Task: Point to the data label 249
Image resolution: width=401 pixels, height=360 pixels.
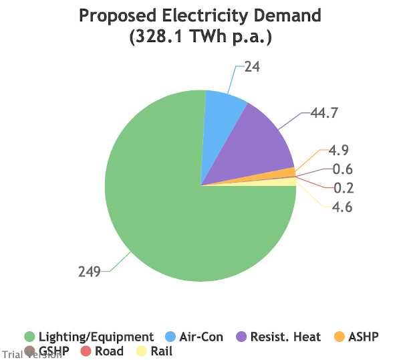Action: [x=90, y=272]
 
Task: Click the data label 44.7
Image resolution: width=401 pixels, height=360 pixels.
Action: [x=324, y=112]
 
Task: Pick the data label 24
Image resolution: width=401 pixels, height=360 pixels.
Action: [x=252, y=67]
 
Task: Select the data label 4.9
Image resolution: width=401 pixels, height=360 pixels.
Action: [x=338, y=150]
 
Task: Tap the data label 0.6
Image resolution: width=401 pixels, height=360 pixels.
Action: [x=343, y=169]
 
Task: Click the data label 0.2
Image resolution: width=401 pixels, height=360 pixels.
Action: [x=344, y=188]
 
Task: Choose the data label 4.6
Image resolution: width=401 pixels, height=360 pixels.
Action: [x=342, y=207]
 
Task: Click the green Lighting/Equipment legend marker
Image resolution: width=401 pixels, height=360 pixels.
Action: [x=29, y=337]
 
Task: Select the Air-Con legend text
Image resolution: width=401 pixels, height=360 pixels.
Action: [x=201, y=337]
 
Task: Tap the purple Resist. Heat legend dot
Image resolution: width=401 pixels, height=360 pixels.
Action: [x=241, y=337]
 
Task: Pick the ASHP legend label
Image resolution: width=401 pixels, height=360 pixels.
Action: [x=364, y=337]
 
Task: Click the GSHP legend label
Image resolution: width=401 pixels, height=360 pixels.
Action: [x=54, y=351]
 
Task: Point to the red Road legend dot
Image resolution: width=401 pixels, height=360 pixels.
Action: [x=86, y=351]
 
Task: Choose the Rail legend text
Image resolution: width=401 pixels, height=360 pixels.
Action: [x=162, y=351]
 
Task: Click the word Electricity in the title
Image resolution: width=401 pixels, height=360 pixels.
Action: [x=205, y=15]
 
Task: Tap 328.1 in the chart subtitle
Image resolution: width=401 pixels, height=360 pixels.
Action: [x=159, y=36]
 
